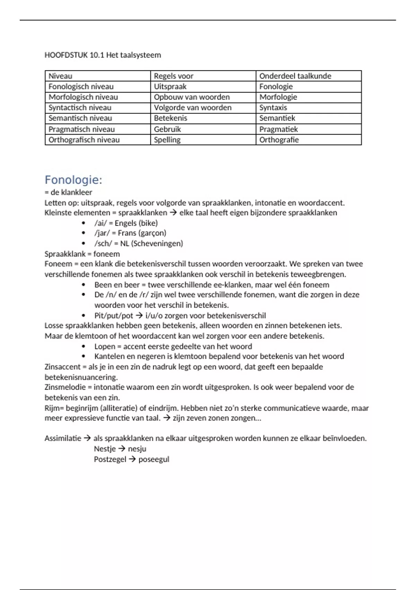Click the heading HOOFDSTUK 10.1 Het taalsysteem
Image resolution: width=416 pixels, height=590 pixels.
click(x=103, y=55)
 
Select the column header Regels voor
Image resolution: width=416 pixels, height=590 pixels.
click(x=173, y=76)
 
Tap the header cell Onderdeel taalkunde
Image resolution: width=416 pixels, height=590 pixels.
click(x=295, y=76)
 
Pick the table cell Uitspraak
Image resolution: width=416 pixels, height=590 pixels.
click(x=170, y=86)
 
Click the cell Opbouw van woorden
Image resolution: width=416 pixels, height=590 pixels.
click(x=192, y=97)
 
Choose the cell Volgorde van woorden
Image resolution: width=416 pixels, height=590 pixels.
click(x=192, y=108)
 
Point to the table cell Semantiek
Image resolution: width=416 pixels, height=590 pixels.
click(x=277, y=118)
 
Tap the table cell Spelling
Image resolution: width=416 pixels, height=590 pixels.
click(x=167, y=140)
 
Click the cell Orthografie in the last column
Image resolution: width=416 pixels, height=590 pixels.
click(x=279, y=140)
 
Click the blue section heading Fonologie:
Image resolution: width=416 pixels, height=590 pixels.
click(x=73, y=180)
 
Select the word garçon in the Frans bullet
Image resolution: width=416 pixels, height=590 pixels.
click(x=153, y=233)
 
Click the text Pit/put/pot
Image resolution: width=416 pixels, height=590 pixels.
click(x=114, y=315)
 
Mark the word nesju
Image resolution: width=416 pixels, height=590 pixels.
click(x=137, y=449)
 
